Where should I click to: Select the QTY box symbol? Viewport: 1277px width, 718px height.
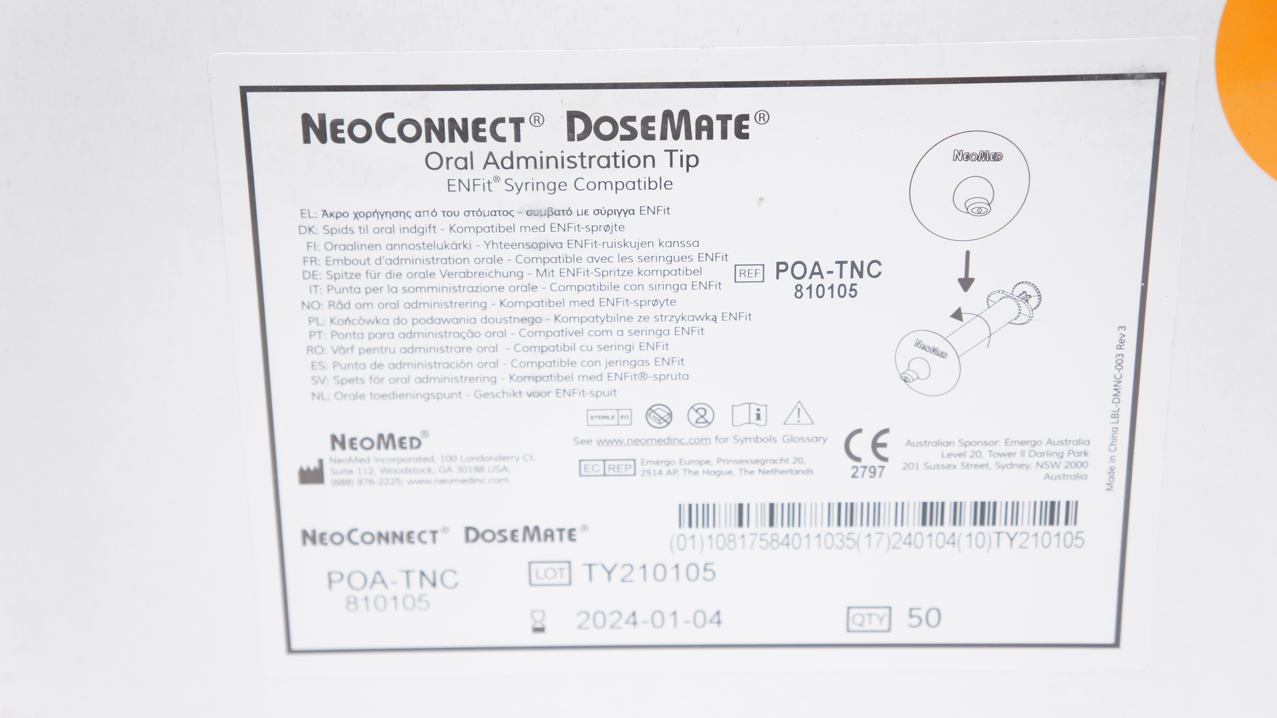(x=869, y=619)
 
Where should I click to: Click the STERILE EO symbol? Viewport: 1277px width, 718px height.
(x=609, y=417)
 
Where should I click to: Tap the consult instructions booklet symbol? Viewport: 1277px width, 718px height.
(x=749, y=415)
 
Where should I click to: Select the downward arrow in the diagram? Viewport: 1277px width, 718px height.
(x=966, y=271)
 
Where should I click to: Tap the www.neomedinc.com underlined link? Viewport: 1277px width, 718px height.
(x=653, y=440)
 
